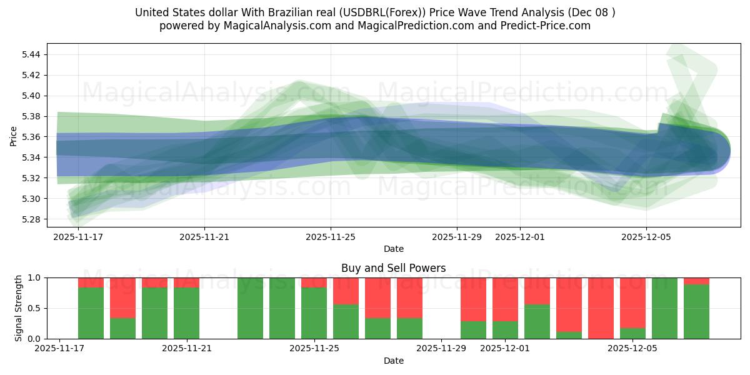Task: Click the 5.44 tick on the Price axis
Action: coord(31,54)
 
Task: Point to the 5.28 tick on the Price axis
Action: coord(31,219)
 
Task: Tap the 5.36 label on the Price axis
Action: coord(31,137)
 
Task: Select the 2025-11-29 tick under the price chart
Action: coord(456,237)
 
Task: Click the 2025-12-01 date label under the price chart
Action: coord(520,237)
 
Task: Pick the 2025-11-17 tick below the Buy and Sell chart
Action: coord(59,349)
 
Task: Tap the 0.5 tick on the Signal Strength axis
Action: coord(35,308)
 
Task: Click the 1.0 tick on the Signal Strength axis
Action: coord(35,277)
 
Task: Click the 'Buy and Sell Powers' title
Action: coord(393,268)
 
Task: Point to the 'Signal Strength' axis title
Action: coord(19,307)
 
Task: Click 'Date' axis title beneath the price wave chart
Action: coord(393,249)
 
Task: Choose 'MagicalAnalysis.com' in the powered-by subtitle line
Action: coord(272,26)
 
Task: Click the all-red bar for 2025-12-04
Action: coord(601,308)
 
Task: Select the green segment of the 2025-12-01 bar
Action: coord(505,330)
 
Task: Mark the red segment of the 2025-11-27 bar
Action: coord(377,297)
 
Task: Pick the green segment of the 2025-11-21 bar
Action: coord(186,313)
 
